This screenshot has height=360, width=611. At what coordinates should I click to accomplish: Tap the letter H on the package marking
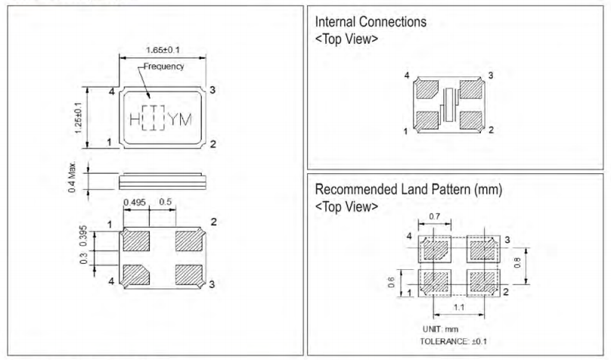click(x=134, y=119)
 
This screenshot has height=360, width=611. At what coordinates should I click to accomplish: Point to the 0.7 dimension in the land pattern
click(x=435, y=216)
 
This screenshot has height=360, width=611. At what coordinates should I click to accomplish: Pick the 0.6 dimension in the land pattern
click(x=390, y=283)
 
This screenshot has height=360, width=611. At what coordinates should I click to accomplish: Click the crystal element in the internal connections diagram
click(x=448, y=104)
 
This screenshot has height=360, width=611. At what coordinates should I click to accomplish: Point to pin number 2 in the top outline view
click(x=212, y=144)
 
